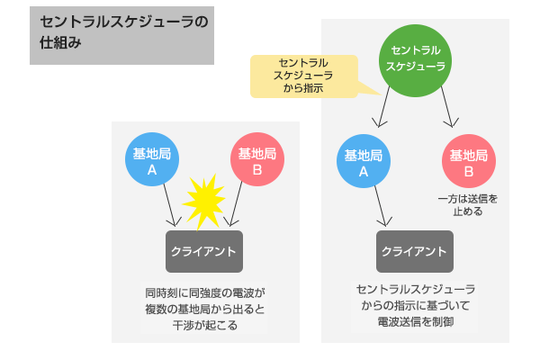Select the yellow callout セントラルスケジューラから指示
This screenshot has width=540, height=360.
[303, 76]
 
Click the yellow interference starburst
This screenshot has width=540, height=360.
[204, 201]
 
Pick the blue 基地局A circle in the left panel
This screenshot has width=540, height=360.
[152, 161]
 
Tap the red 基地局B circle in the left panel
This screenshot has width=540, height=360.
[257, 161]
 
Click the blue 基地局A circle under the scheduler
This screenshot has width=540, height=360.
[364, 162]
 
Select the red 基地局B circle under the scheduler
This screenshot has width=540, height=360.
[469, 162]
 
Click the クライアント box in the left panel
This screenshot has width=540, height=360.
[204, 250]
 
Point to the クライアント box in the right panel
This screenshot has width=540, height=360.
[415, 250]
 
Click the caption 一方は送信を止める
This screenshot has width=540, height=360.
[467, 204]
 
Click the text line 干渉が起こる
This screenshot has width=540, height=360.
[204, 326]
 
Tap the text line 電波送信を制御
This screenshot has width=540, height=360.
[415, 321]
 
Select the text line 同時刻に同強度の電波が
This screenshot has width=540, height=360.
[204, 293]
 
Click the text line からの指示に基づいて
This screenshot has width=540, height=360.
[415, 305]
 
